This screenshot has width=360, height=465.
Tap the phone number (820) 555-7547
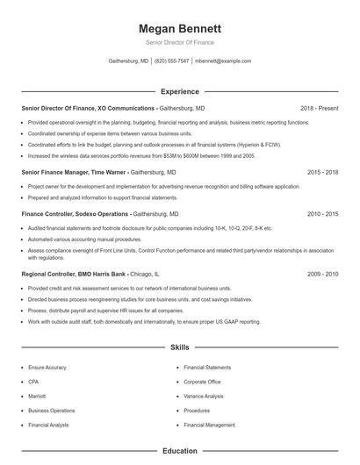tap(171, 61)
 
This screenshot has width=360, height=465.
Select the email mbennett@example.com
tap(223, 61)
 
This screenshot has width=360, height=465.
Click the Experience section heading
tap(179, 91)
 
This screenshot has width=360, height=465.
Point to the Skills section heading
tap(179, 347)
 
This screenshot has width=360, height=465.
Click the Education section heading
tap(179, 451)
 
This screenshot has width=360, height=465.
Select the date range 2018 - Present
tap(319, 108)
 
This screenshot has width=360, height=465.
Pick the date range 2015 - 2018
tap(323, 173)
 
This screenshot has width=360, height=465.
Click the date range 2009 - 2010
tap(323, 274)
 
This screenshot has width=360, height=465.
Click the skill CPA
tap(33, 382)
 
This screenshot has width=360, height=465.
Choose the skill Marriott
tap(36, 397)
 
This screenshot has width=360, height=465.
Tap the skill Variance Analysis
tap(204, 397)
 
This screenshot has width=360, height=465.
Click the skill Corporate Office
tap(202, 382)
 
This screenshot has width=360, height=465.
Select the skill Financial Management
tap(209, 425)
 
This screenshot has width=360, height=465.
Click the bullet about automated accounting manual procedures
tap(84, 239)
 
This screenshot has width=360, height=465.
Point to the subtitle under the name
tap(179, 42)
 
